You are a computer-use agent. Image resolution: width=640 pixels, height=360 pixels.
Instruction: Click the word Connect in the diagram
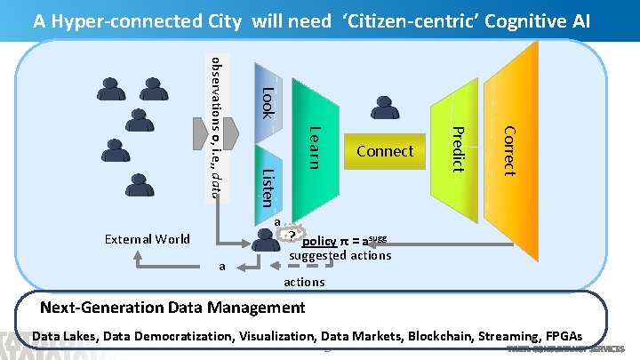click(385, 151)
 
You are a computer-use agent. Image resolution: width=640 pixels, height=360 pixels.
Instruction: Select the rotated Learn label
click(314, 147)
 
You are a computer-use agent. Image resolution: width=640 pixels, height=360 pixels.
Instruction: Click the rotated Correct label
click(508, 149)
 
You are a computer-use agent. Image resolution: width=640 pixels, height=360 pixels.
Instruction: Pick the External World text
click(147, 238)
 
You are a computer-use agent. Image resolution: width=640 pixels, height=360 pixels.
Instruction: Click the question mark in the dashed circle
click(292, 235)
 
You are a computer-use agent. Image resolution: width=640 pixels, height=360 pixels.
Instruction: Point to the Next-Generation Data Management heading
click(173, 308)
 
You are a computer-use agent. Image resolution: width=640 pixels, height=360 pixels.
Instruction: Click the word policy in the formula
click(318, 241)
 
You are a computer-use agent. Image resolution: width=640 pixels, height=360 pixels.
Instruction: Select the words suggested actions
click(340, 255)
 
